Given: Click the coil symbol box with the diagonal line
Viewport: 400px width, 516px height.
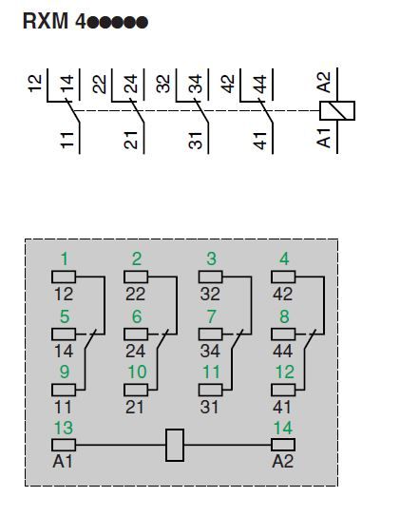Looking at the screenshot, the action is pyautogui.click(x=337, y=110).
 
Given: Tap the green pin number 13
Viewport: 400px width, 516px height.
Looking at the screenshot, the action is pyautogui.click(x=64, y=429).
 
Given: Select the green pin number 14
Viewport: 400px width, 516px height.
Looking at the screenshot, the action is pyautogui.click(x=283, y=429).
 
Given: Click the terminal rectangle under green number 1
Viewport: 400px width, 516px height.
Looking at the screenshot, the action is pyautogui.click(x=64, y=277).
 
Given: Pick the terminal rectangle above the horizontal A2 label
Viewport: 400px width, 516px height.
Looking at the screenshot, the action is pyautogui.click(x=283, y=445).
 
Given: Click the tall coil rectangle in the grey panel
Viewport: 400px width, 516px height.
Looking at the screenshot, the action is pyautogui.click(x=174, y=445).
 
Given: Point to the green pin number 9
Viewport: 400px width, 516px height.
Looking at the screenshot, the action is pyautogui.click(x=65, y=373).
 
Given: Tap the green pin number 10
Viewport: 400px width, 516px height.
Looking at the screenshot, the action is pyautogui.click(x=137, y=373).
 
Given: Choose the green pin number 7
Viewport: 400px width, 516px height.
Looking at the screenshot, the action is pyautogui.click(x=211, y=316).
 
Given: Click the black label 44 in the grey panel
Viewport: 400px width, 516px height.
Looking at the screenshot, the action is pyautogui.click(x=282, y=352).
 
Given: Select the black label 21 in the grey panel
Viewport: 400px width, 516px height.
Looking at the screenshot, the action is pyautogui.click(x=135, y=408).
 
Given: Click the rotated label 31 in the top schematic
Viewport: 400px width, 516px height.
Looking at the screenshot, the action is pyautogui.click(x=196, y=141).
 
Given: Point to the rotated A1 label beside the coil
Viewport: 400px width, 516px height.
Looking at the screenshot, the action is pyautogui.click(x=324, y=138).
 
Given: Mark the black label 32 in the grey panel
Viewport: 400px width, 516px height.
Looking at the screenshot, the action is pyautogui.click(x=210, y=294).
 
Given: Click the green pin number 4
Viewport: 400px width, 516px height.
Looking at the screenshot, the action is pyautogui.click(x=284, y=259).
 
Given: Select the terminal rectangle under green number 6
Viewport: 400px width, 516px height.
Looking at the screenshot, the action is pyautogui.click(x=136, y=334).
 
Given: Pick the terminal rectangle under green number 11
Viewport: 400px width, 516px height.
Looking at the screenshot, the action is pyautogui.click(x=211, y=391).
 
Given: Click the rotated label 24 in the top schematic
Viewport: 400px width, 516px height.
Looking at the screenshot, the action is pyautogui.click(x=130, y=84).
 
